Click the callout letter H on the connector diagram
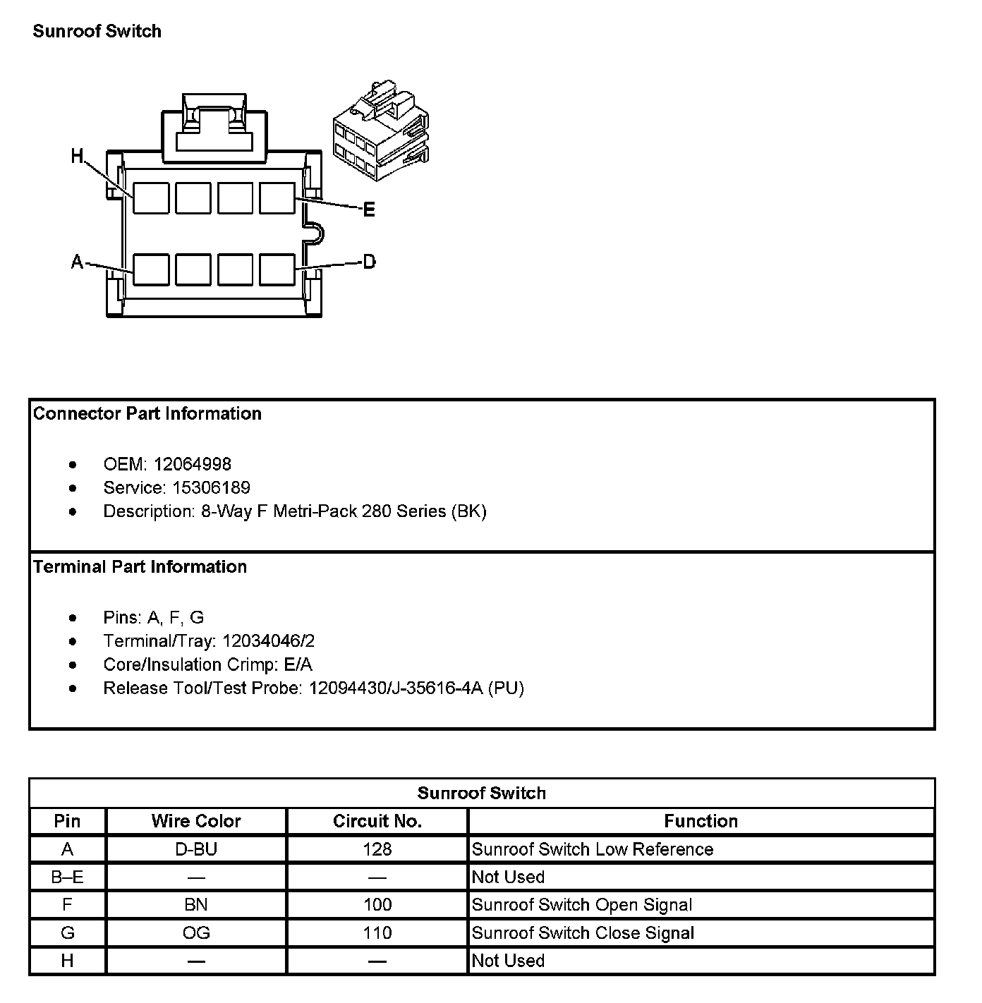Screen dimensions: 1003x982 (x=77, y=156)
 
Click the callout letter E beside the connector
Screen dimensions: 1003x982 (x=368, y=209)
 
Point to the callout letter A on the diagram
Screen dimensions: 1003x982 (x=77, y=262)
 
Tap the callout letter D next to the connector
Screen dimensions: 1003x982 (x=369, y=262)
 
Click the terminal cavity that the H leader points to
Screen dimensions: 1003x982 (x=151, y=198)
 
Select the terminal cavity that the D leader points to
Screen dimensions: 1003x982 (x=277, y=269)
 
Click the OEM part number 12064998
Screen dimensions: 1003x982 (x=192, y=464)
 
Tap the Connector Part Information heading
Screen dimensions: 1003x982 (x=147, y=413)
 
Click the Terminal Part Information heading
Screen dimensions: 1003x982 (x=140, y=566)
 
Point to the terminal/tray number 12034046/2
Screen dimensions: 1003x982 (x=268, y=640)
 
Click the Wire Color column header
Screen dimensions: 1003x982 (x=196, y=821)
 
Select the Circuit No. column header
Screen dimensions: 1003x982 (x=377, y=821)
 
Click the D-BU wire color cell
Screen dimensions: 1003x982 (x=196, y=849)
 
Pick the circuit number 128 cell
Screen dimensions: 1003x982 (x=377, y=849)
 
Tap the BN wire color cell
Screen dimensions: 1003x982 (x=196, y=905)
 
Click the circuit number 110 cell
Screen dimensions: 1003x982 (x=377, y=932)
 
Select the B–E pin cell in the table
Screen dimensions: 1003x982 (x=67, y=877)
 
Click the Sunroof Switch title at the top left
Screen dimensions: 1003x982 (x=97, y=31)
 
